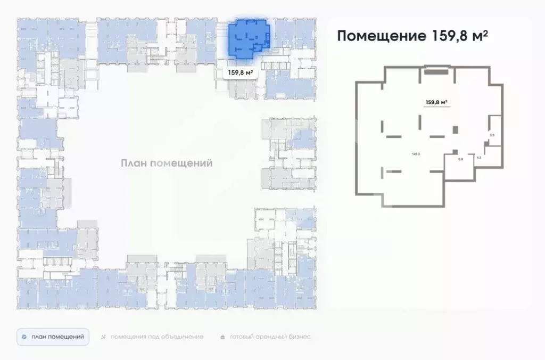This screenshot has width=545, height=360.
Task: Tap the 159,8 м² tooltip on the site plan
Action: [240, 73]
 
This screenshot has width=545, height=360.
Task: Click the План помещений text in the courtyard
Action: [166, 163]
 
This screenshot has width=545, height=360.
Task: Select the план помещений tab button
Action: [53, 337]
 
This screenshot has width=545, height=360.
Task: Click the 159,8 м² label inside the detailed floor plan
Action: [436, 102]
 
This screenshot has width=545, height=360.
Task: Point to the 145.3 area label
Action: [416, 154]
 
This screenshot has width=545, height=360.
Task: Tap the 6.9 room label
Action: [460, 159]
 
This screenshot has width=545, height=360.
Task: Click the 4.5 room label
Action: [479, 158]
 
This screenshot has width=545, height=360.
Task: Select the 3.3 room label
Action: [492, 135]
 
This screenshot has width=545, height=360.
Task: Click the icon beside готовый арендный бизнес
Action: [222, 337]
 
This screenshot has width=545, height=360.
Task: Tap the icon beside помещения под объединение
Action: [104, 337]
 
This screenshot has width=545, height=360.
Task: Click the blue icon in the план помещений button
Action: [24, 337]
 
